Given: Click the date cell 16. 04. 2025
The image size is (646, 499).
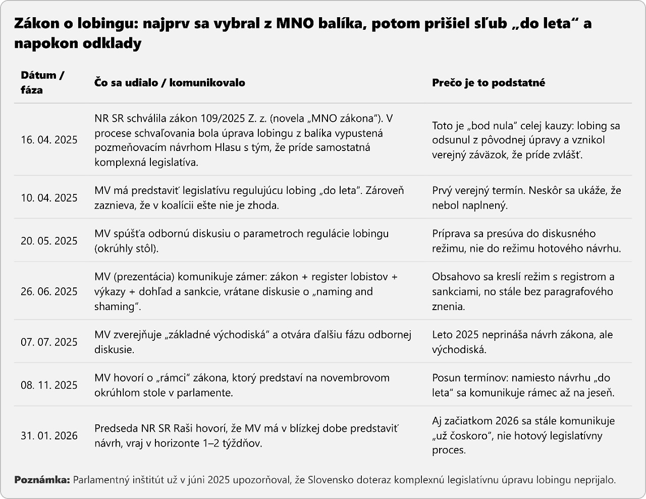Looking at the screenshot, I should pyautogui.click(x=49, y=140).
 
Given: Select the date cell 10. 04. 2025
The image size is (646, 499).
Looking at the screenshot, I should pyautogui.click(x=49, y=197).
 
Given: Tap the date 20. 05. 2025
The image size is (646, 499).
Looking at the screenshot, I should pyautogui.click(x=49, y=241).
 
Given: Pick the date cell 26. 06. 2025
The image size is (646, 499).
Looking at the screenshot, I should pyautogui.click(x=49, y=291).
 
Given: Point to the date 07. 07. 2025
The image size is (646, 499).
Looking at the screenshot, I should pyautogui.click(x=49, y=342).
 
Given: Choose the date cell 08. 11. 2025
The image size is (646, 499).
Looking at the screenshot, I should pyautogui.click(x=49, y=385).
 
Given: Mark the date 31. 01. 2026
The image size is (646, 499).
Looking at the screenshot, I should pyautogui.click(x=49, y=436).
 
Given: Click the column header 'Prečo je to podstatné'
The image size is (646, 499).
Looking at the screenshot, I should pyautogui.click(x=488, y=83).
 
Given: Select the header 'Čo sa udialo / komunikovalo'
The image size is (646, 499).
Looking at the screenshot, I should pyautogui.click(x=170, y=83).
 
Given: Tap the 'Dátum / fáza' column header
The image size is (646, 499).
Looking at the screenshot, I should pyautogui.click(x=42, y=83).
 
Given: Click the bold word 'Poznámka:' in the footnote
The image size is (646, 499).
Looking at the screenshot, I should pyautogui.click(x=42, y=480).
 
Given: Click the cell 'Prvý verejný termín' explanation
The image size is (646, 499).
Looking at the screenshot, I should pyautogui.click(x=526, y=197).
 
